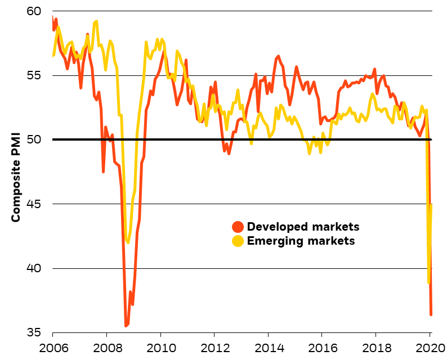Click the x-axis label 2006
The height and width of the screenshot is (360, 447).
[x=52, y=348]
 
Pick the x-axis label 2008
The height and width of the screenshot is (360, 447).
[x=106, y=348]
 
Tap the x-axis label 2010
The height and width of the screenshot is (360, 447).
[x=160, y=348]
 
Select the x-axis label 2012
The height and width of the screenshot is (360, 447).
[x=214, y=348]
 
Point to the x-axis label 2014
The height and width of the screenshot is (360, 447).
[x=269, y=348]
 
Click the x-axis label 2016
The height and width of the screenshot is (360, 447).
[x=322, y=348]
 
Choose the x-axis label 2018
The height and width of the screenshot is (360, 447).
[x=376, y=348]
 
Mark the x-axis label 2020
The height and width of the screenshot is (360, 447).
[x=430, y=348]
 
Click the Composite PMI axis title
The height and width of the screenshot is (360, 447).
[x=16, y=176]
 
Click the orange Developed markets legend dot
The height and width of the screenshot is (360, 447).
[x=238, y=227]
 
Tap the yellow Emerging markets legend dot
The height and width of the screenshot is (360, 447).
[x=238, y=241]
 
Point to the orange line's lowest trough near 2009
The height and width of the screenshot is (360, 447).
[x=126, y=326]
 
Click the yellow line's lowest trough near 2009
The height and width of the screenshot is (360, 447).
[x=128, y=242]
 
